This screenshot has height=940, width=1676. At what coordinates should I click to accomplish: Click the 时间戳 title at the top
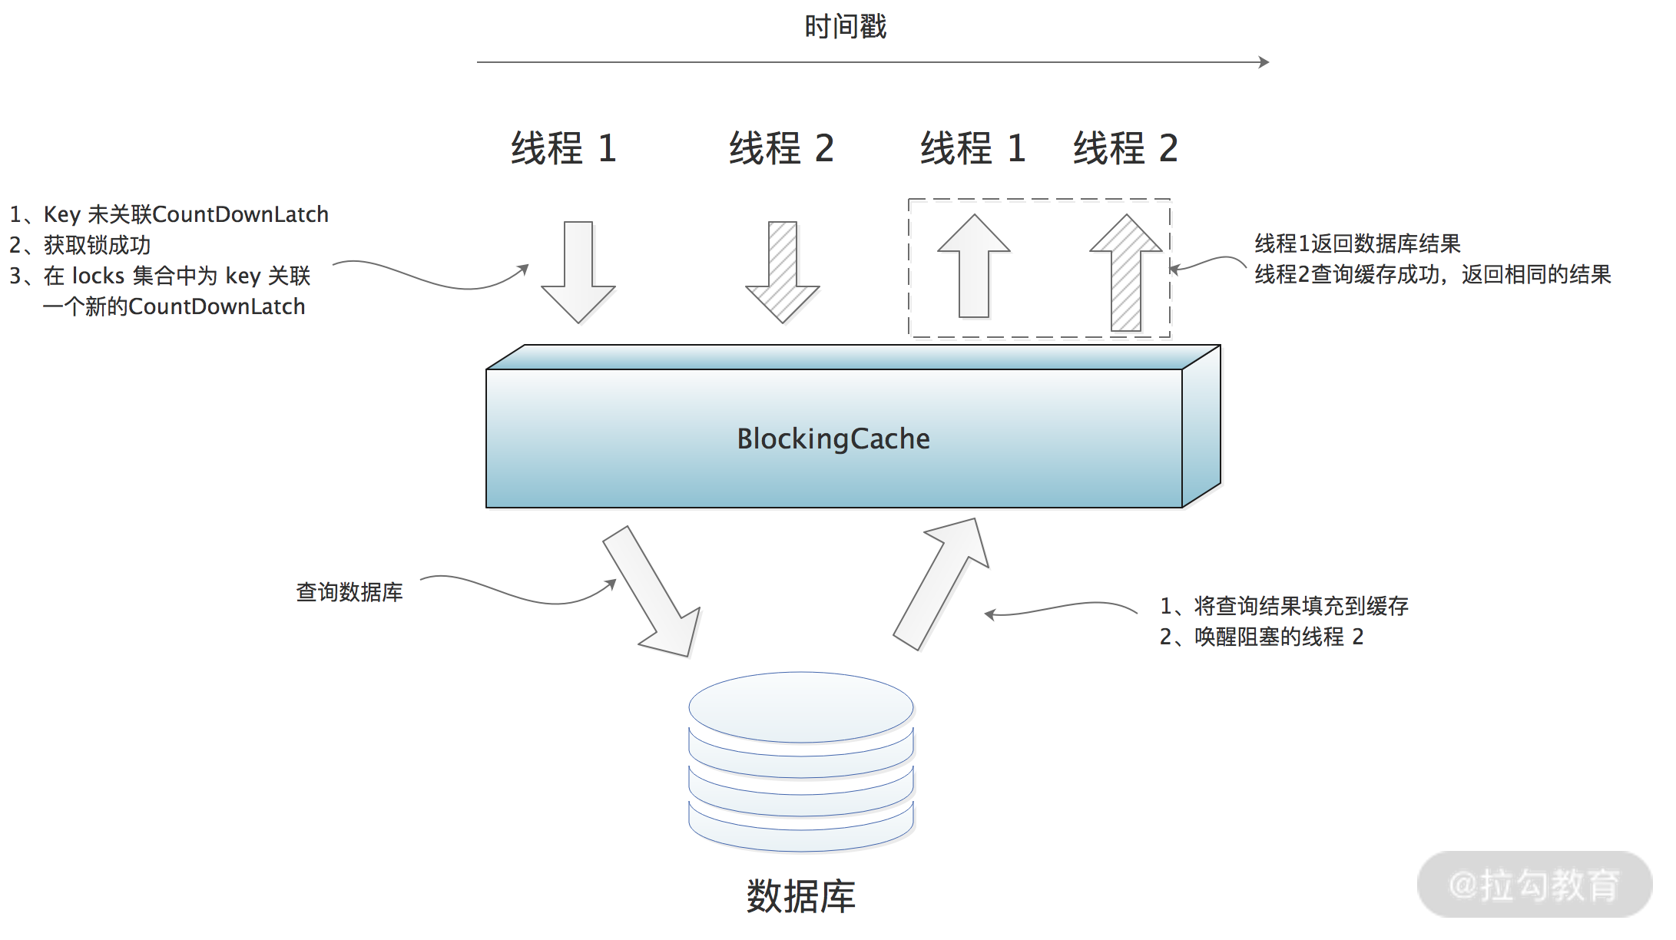pyautogui.click(x=845, y=27)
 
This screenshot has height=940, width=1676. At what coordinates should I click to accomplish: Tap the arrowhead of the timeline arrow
pyautogui.click(x=1264, y=62)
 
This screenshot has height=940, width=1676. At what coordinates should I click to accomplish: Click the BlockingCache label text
pyautogui.click(x=833, y=439)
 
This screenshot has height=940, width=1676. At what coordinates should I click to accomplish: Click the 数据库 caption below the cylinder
pyautogui.click(x=800, y=896)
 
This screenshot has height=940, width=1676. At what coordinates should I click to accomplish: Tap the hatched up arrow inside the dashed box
pyautogui.click(x=1126, y=272)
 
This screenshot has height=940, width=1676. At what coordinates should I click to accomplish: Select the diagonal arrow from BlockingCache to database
pyautogui.click(x=653, y=591)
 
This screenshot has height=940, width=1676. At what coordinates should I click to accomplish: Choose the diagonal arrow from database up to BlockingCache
pyautogui.click(x=942, y=584)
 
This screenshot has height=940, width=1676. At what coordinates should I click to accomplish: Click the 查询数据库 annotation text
pyautogui.click(x=349, y=592)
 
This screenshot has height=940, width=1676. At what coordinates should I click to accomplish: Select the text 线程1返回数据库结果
pyautogui.click(x=1357, y=243)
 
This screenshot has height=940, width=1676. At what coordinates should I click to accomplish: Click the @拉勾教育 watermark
pyautogui.click(x=1534, y=885)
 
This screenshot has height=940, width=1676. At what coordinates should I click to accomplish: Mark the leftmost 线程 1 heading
pyautogui.click(x=564, y=148)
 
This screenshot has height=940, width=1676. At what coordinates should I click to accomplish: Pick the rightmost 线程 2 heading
pyautogui.click(x=1125, y=148)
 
